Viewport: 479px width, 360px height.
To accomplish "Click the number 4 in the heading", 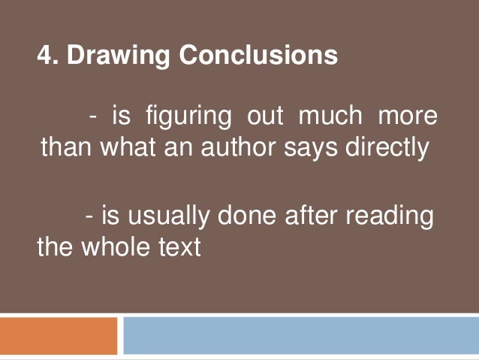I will [x=44, y=56].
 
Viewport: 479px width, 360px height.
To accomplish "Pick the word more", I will [x=408, y=118].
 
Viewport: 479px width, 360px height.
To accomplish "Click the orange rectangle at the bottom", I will [x=59, y=335].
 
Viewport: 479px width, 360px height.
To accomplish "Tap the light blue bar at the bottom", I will [x=300, y=335].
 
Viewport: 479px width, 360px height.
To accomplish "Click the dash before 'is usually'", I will [x=91, y=217].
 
